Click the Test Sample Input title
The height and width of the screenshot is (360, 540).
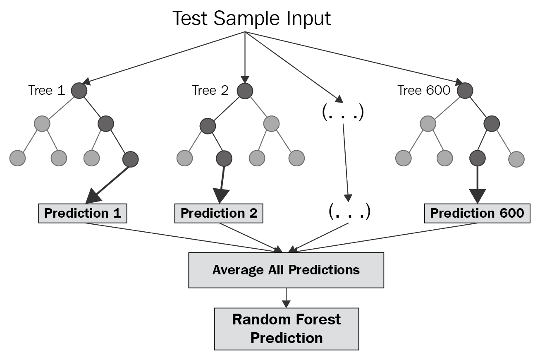point(251,18)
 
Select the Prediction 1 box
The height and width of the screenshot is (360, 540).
point(83,213)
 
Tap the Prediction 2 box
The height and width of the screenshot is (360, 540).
point(219,213)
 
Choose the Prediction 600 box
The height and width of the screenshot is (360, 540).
point(477,213)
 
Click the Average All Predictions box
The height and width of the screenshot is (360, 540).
point(286,270)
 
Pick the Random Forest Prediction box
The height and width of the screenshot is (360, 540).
point(286,329)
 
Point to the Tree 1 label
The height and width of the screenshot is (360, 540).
point(46,90)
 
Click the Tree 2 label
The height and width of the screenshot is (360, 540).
point(210,90)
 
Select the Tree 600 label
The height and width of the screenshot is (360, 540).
point(423,90)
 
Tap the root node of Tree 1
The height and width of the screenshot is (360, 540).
point(79,91)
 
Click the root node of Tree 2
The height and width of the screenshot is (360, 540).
point(245,91)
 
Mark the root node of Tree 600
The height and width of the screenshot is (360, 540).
point(465,91)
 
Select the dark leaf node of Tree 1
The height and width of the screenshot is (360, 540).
point(130,159)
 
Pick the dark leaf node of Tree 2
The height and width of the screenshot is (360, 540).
point(224,158)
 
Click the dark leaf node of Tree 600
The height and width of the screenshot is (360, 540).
point(478,158)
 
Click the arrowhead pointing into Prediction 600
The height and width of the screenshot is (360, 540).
point(478,195)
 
